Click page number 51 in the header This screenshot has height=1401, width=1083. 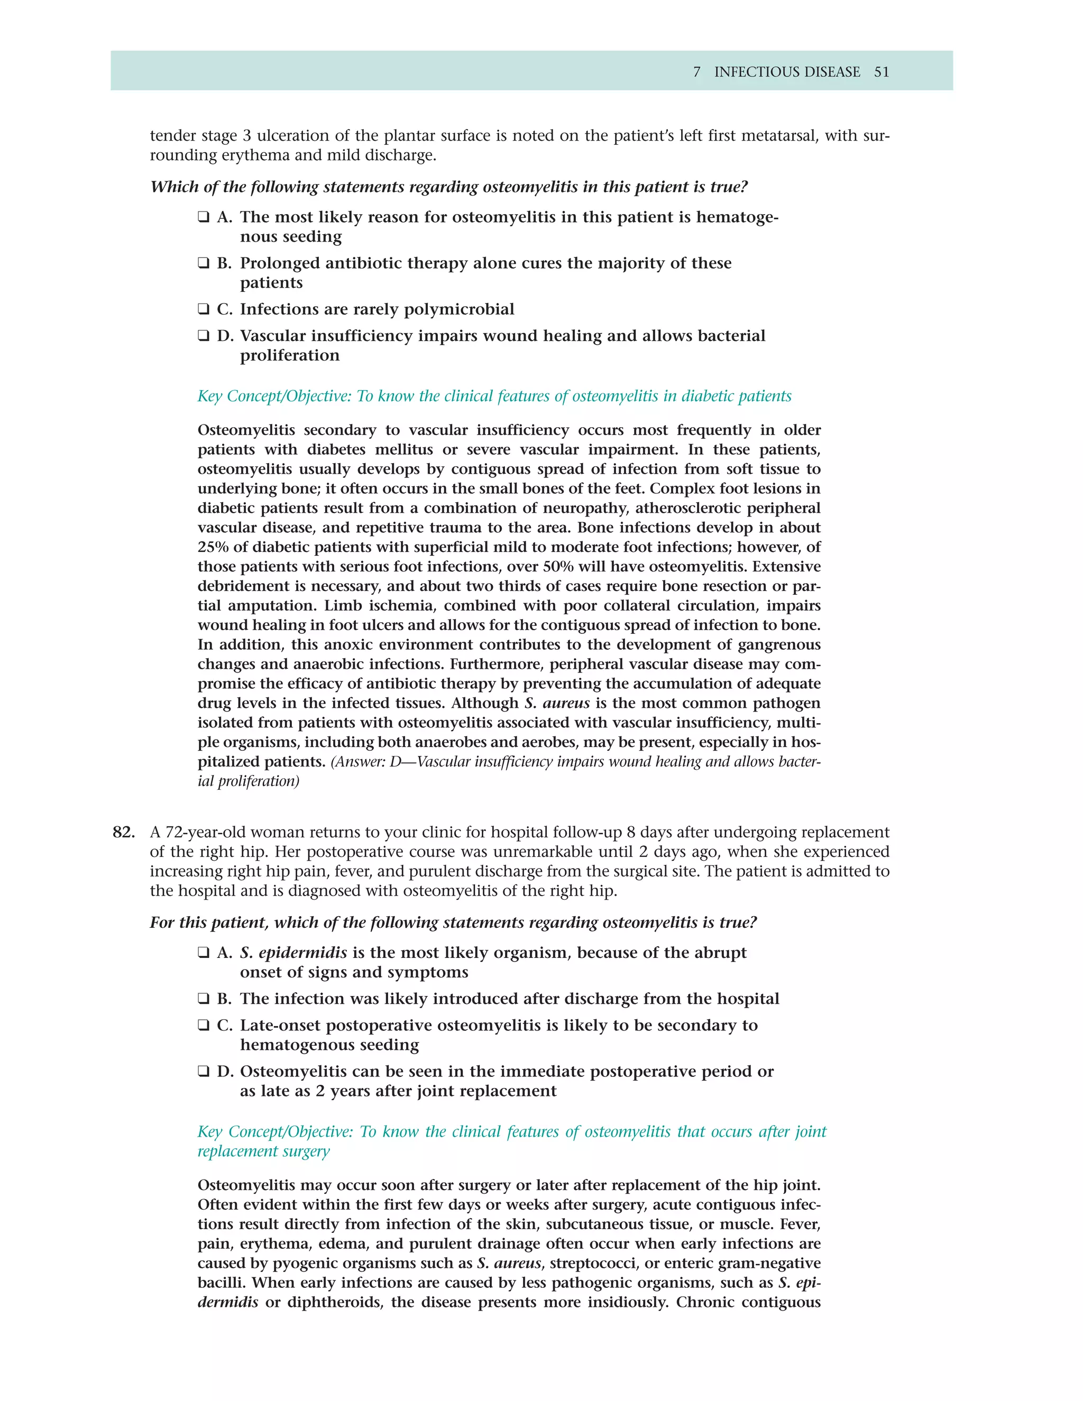tap(882, 72)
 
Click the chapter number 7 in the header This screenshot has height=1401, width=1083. tap(697, 72)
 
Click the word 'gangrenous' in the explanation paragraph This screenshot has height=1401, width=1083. tap(777, 644)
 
